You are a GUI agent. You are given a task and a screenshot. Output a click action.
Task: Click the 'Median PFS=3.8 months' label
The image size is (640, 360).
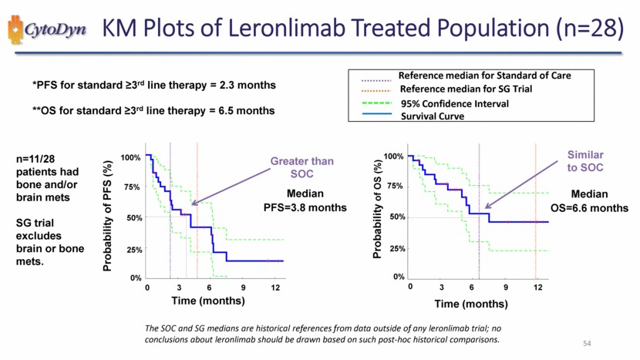pyautogui.click(x=305, y=200)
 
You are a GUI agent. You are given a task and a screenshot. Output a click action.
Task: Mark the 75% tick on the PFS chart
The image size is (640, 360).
pyautogui.click(x=130, y=187)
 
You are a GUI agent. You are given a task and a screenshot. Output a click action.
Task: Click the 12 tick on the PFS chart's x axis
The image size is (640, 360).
pyautogui.click(x=275, y=288)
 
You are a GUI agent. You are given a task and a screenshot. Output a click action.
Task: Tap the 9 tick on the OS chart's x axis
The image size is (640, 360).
pyautogui.click(x=505, y=288)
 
